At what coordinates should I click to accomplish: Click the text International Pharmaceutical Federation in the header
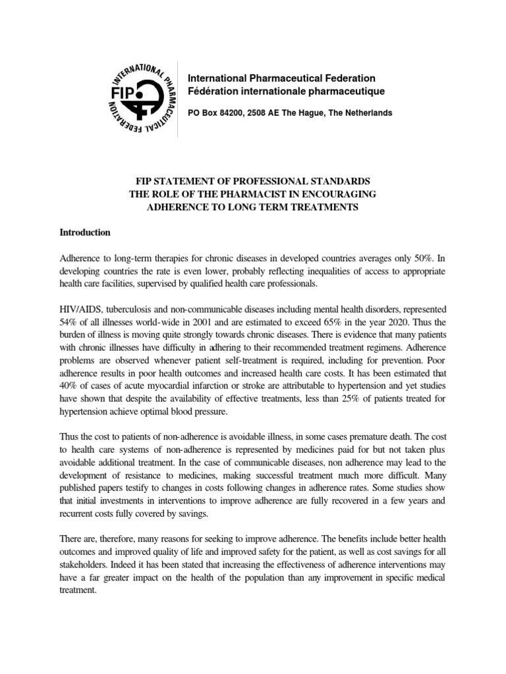281,78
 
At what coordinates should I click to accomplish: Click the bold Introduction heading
84,232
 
